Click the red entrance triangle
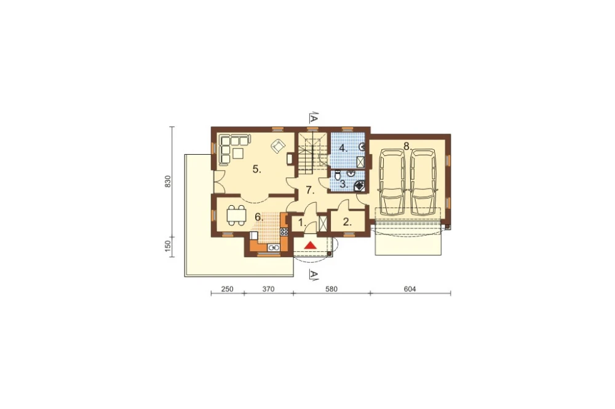tap(310, 245)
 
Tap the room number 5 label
tap(257, 169)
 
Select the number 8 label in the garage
tap(407, 146)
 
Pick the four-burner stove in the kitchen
tap(284, 232)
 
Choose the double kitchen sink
tap(274, 247)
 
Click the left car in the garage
tap(392, 181)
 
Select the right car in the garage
tap(423, 181)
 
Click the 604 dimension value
tap(410, 289)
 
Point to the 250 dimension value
tap(227, 289)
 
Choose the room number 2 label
tap(347, 222)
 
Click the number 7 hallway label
tap(310, 191)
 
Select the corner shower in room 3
tap(360, 185)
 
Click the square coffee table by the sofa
tap(238, 152)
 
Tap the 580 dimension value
tap(331, 289)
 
